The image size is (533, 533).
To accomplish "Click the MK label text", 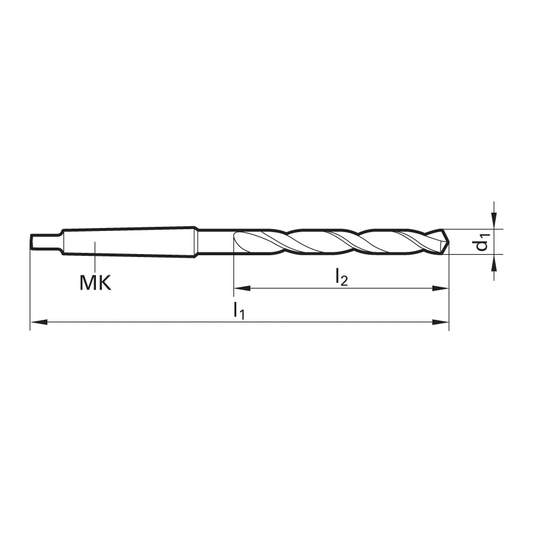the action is [95, 282].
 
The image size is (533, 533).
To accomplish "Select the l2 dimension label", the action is [342, 277].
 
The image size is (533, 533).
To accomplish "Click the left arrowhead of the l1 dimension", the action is [38, 322].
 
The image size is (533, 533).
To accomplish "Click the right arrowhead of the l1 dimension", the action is [441, 322].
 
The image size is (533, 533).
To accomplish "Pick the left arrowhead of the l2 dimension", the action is [242, 288].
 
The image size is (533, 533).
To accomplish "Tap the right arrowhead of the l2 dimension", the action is [441, 288].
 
